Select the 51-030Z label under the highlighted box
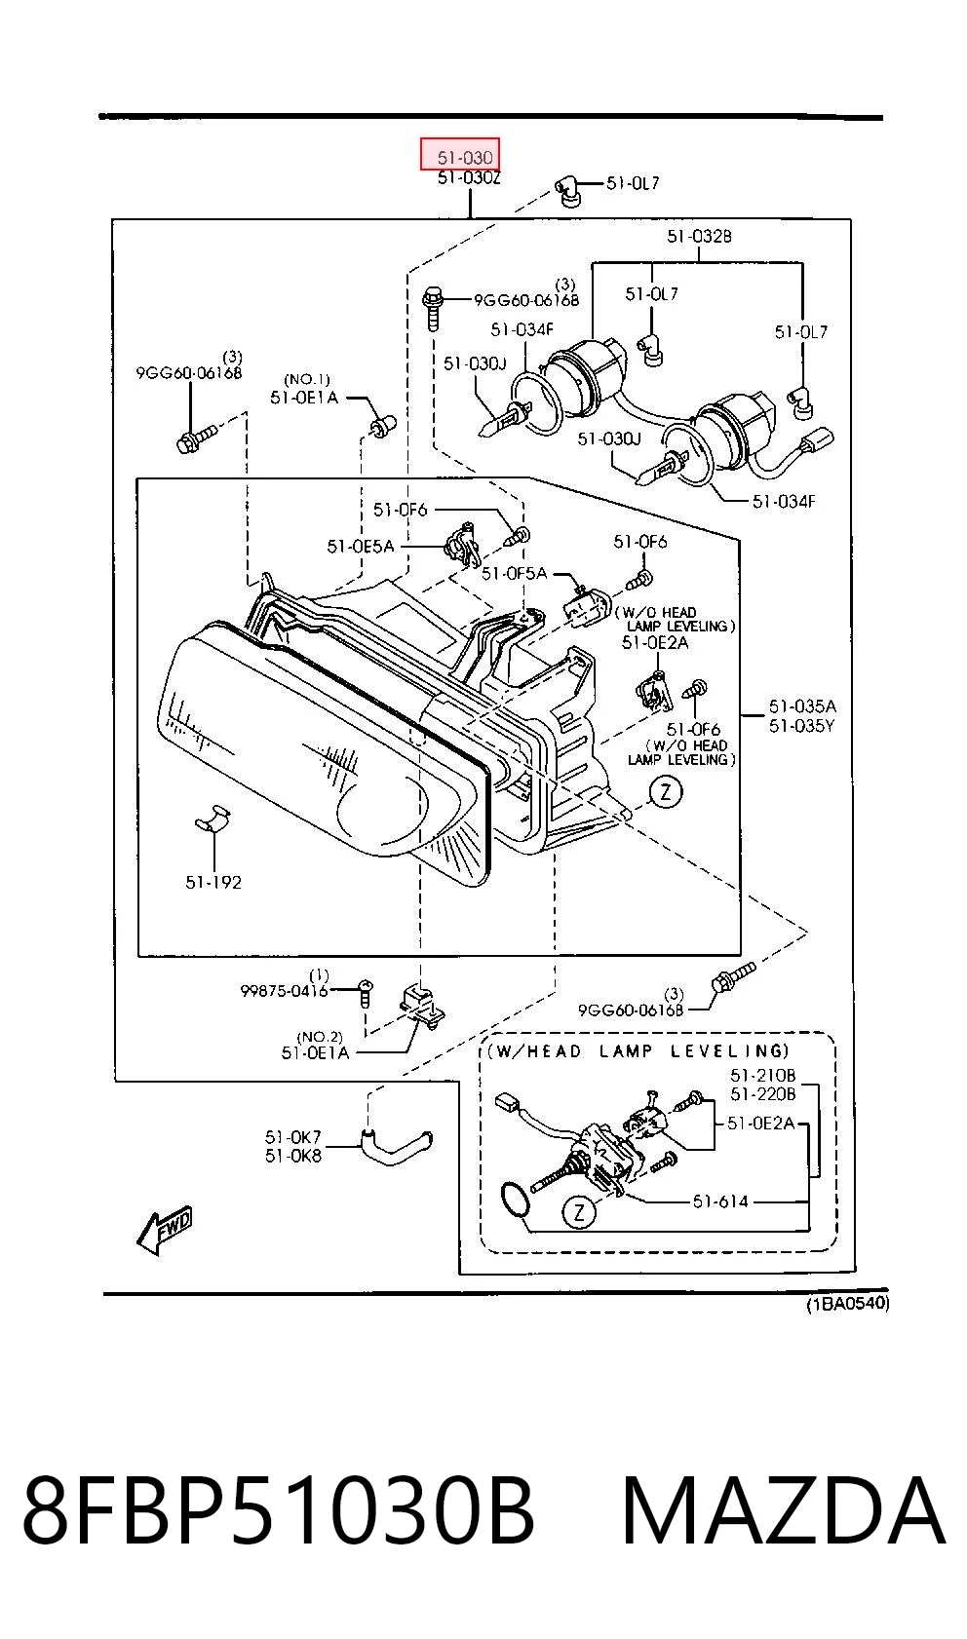click(x=469, y=177)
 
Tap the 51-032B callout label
click(x=699, y=237)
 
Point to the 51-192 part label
click(x=213, y=883)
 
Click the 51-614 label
click(x=720, y=1201)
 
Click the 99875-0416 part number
click(x=284, y=991)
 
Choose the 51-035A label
click(x=802, y=706)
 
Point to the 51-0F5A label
click(x=514, y=574)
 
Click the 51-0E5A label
click(x=360, y=546)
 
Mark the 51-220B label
click(x=762, y=1094)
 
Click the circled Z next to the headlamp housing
click(x=666, y=792)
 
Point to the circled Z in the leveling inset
click(x=579, y=1212)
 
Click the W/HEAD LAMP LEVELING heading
click(x=638, y=1051)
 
